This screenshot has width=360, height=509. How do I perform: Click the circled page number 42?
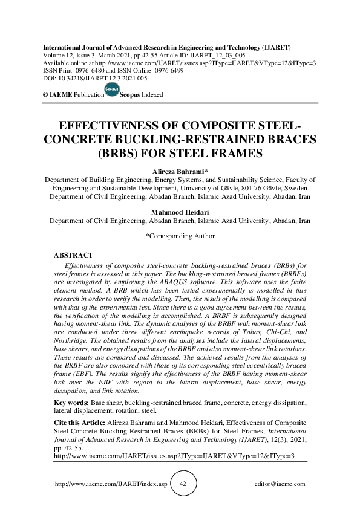click(183, 484)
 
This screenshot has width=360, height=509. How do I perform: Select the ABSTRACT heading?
click(74, 255)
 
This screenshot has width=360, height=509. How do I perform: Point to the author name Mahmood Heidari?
click(180, 212)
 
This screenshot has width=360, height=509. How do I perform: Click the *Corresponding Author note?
click(180, 236)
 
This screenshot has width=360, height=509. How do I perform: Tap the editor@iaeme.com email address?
click(280, 484)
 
